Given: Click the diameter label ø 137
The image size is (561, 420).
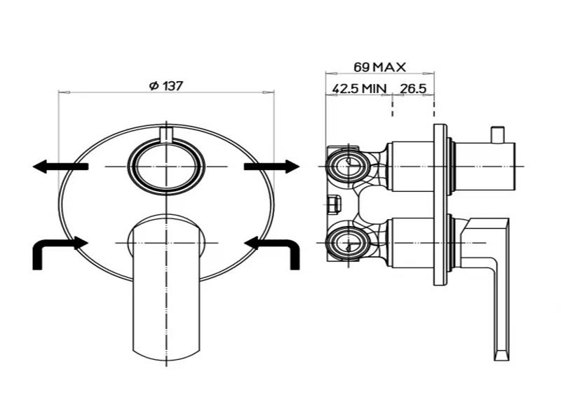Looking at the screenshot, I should click(x=166, y=86).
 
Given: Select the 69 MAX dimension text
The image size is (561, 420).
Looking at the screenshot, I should click(x=379, y=67).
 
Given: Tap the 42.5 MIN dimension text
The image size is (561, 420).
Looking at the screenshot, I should click(x=359, y=89).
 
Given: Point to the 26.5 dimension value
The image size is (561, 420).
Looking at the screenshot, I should click(x=413, y=89).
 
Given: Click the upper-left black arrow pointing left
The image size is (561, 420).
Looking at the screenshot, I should click(x=60, y=167).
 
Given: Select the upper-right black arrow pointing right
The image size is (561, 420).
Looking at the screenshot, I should click(x=272, y=167).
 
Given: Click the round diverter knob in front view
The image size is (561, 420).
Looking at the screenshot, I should click(x=166, y=167).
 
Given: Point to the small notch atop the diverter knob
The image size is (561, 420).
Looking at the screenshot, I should click(x=166, y=135).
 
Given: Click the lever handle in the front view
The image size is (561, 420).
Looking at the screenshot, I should click(x=166, y=287).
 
